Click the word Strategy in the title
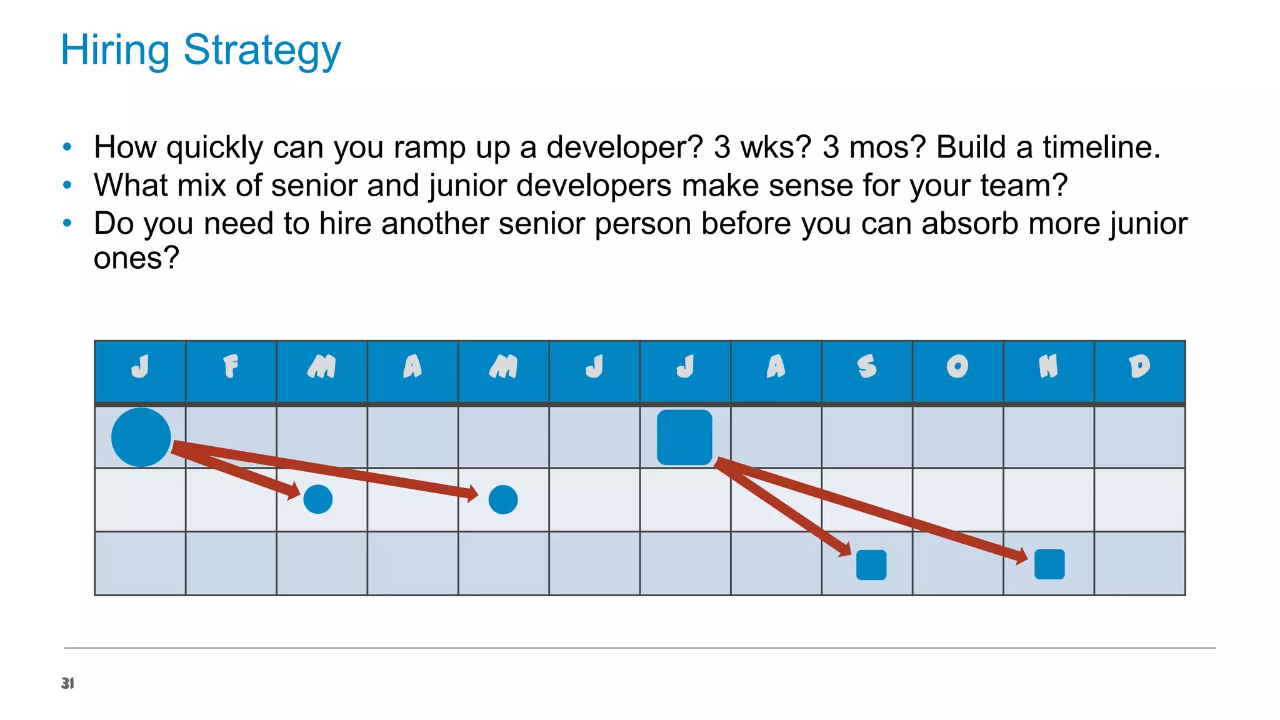262,51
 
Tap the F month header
231,367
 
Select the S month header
867,367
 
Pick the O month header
957,367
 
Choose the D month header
1139,367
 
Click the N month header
1048,367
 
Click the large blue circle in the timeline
141,437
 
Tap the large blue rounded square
684,437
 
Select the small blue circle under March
317,499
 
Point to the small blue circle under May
503,499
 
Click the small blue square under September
871,565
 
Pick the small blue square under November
1049,564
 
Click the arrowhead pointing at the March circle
293,491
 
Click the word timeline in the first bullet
1101,147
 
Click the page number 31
67,683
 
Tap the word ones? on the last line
136,257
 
